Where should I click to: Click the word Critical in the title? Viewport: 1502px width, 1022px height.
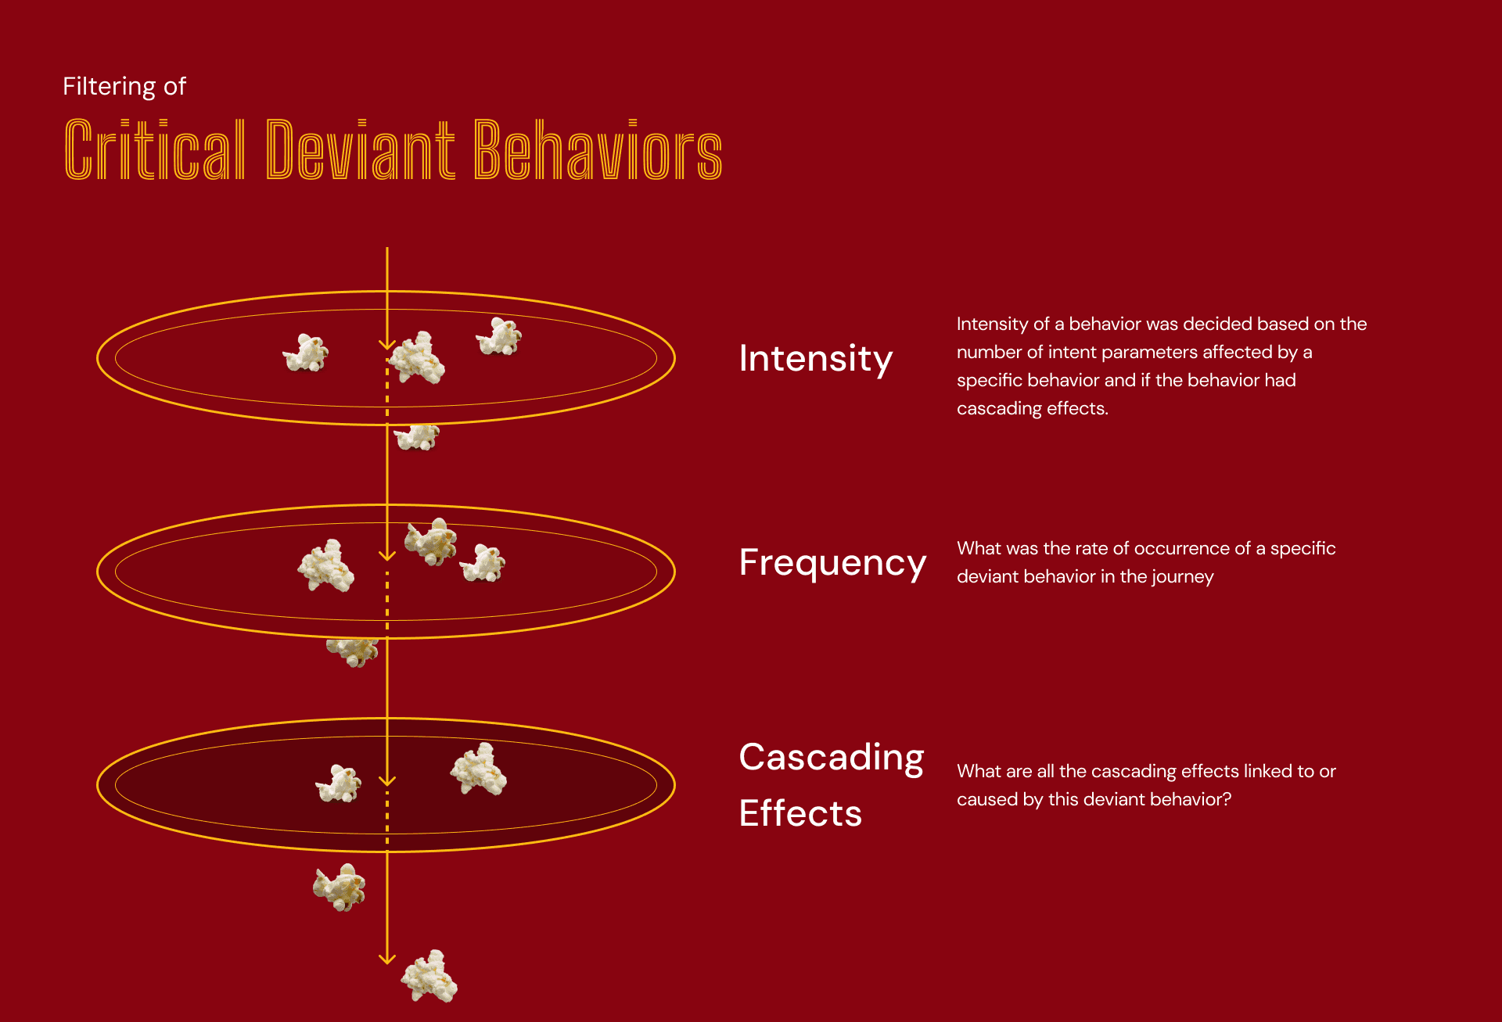[154, 149]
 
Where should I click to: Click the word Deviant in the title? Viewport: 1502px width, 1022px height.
[360, 149]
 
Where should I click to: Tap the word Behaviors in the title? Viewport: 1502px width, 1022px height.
[598, 149]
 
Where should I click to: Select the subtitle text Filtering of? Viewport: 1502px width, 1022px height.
[124, 86]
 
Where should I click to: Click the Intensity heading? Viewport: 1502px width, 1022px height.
[815, 359]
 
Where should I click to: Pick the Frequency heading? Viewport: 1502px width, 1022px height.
[832, 562]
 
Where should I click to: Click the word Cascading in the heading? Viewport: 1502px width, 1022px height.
[832, 757]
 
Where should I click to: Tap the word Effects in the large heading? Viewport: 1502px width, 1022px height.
[800, 813]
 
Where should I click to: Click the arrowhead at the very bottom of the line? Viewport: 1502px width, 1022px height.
[387, 959]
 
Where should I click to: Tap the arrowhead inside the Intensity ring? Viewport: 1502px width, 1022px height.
[387, 344]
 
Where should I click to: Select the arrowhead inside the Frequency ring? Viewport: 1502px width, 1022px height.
[387, 556]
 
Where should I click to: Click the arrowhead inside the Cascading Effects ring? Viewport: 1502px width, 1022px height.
[387, 780]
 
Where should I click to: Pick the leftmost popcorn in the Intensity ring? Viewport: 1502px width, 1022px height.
[305, 353]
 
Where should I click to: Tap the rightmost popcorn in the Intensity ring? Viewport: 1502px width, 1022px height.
[499, 337]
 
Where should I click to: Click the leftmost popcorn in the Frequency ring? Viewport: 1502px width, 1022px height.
[326, 565]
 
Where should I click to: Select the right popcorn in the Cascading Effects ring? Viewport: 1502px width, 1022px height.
[480, 769]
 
